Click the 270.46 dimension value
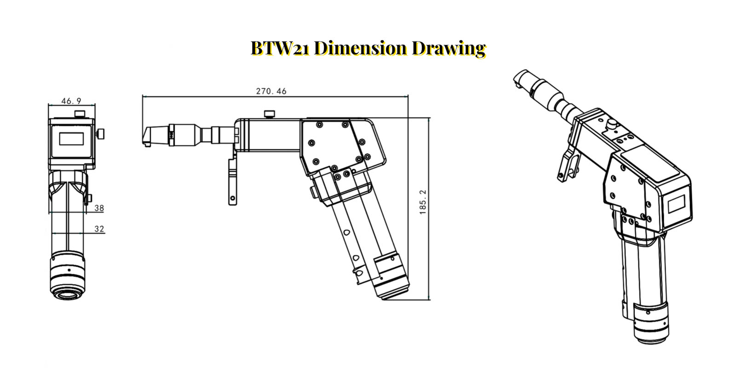271,91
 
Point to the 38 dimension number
99,208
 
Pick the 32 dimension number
99,229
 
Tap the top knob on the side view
269,114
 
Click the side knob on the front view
100,134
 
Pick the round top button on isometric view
612,123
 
